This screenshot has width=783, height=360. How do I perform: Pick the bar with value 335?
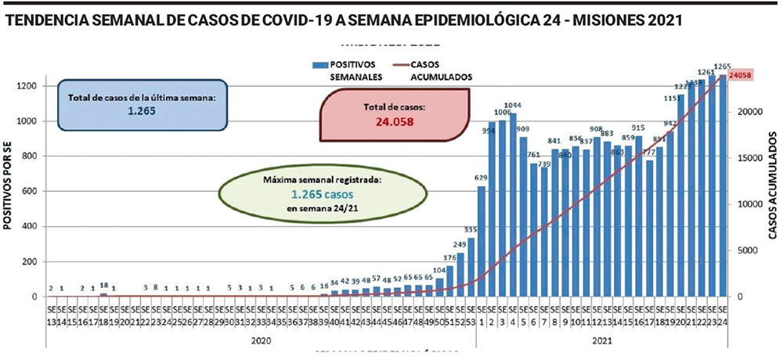[x=471, y=267]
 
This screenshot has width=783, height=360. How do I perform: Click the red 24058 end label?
[x=741, y=75]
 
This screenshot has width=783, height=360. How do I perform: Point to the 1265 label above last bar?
[x=723, y=66]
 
